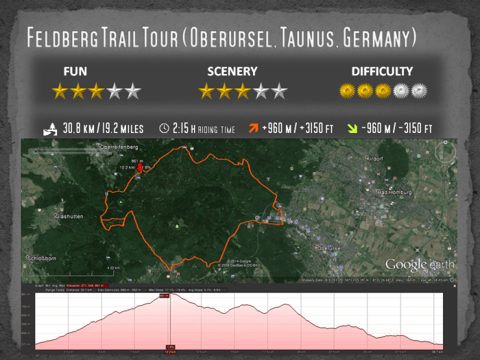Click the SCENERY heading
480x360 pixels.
tap(232, 71)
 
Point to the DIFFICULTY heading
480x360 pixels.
tap(382, 71)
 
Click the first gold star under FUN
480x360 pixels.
tap(60, 91)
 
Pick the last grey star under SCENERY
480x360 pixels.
tap(279, 91)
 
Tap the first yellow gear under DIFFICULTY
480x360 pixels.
tap(347, 91)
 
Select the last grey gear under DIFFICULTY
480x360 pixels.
tap(419, 91)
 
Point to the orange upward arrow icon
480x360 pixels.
tap(254, 128)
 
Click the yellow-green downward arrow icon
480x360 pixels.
tap(351, 128)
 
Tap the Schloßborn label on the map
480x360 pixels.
tap(43, 259)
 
